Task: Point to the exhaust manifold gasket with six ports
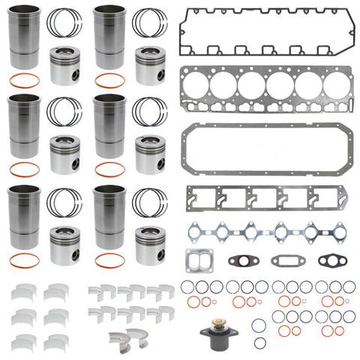pos(264,230)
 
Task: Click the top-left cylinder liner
pos(25,41)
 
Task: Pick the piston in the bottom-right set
pos(150,244)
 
